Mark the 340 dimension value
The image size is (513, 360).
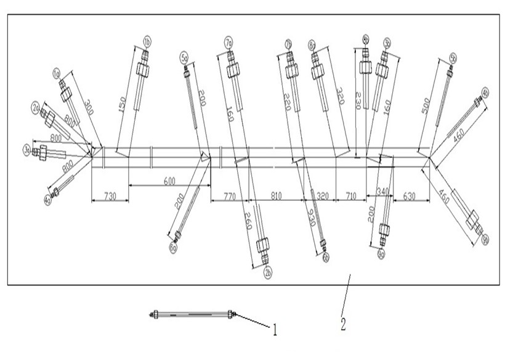[x=382, y=192]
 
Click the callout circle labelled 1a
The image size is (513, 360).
[x=56, y=74]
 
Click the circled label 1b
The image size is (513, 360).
[x=147, y=41]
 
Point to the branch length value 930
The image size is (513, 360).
[x=312, y=217]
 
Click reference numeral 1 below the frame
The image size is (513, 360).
[x=275, y=330]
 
